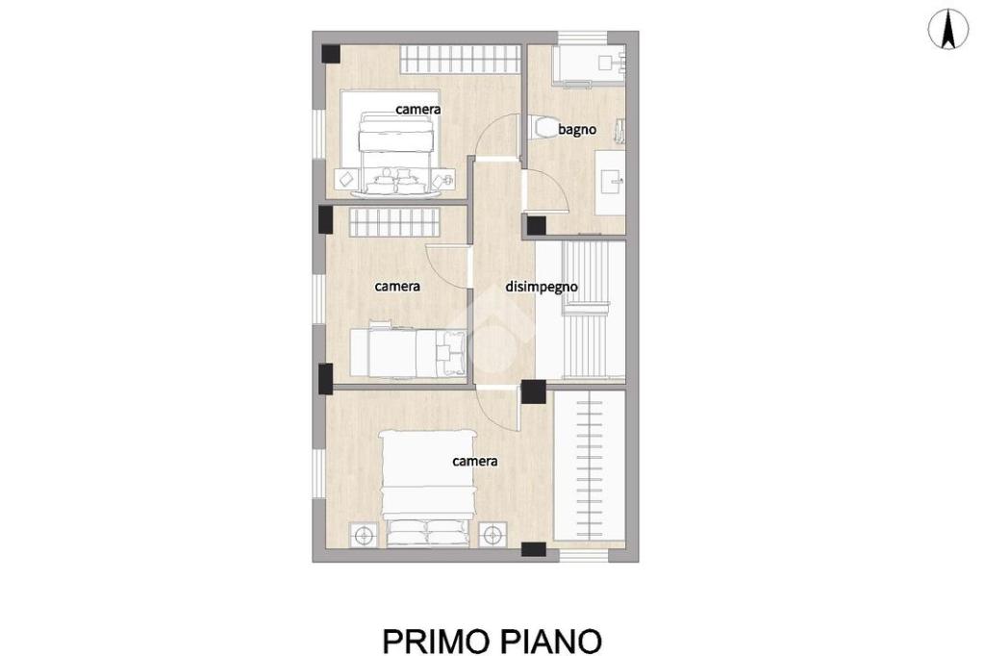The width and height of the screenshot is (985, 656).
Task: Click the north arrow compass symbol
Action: (x=947, y=30)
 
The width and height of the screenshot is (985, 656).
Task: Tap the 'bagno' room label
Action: (x=577, y=130)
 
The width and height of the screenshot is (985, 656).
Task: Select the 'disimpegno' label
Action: (x=542, y=288)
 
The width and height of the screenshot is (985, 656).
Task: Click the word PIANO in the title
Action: (x=551, y=641)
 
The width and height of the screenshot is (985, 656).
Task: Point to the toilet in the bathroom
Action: (x=539, y=127)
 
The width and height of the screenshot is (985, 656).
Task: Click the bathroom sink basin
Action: (x=609, y=182)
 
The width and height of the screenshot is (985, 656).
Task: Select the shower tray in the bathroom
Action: (x=589, y=64)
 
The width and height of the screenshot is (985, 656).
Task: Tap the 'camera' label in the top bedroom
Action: (x=417, y=110)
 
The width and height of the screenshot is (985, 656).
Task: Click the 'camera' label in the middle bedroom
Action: (x=397, y=287)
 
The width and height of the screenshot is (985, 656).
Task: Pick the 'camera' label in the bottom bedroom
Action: (x=475, y=461)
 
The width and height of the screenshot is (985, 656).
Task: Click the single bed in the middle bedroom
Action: (x=408, y=352)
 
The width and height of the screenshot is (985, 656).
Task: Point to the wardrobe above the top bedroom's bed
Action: (x=460, y=59)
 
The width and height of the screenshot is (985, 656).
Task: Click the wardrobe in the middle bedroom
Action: (x=393, y=222)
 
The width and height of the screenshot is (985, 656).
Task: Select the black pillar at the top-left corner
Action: (x=331, y=54)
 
